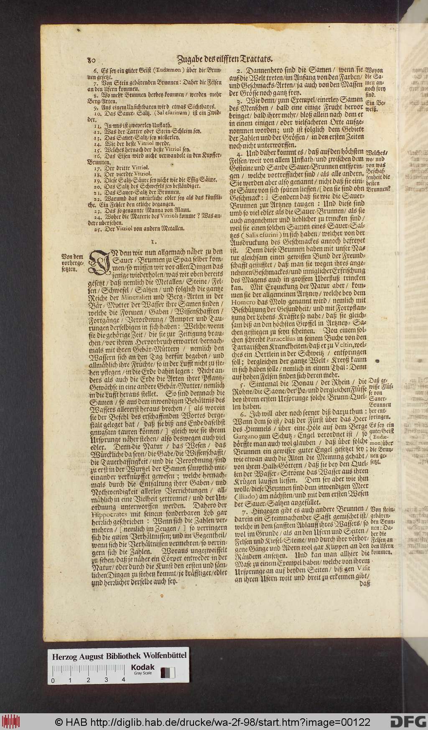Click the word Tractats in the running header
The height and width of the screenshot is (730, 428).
point(262,59)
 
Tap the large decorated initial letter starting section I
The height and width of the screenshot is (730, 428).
point(99,265)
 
